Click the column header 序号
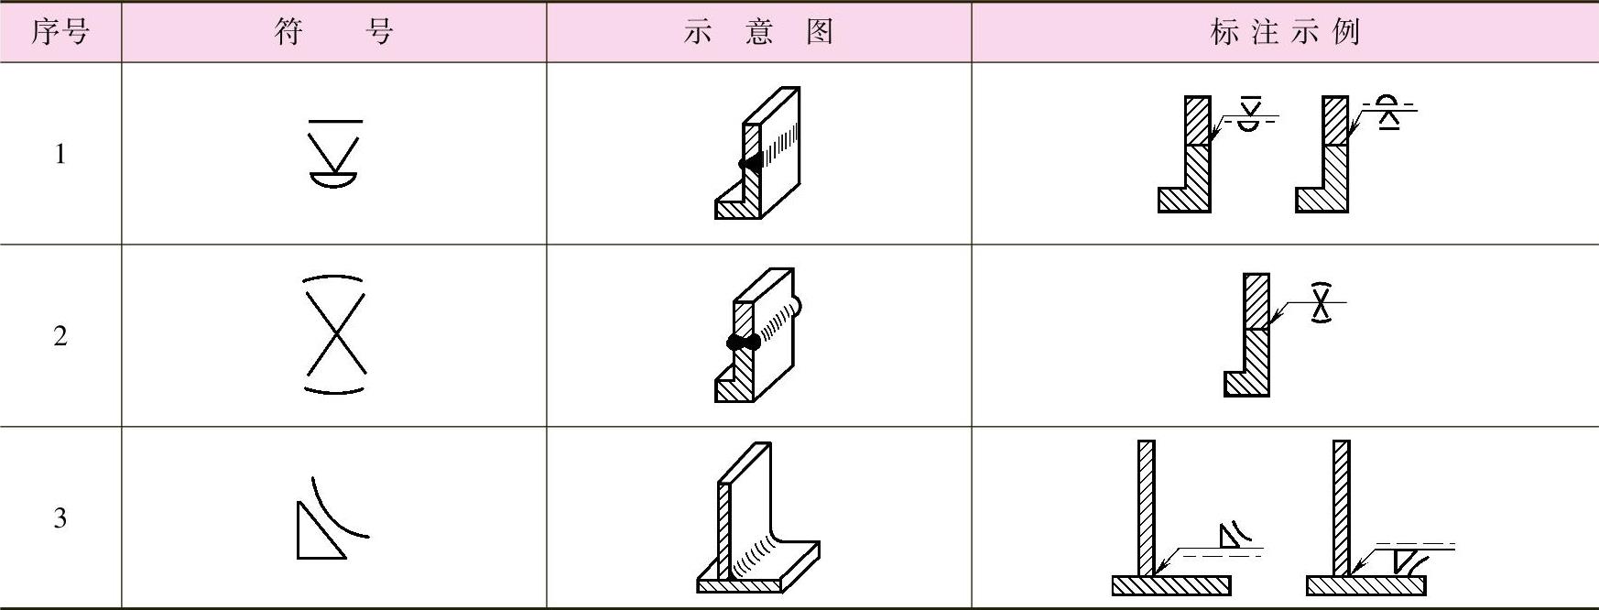[x=60, y=32]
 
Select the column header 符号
[x=333, y=32]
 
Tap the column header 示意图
[x=758, y=32]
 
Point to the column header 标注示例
[x=1284, y=32]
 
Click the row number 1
[x=60, y=154]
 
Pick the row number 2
[x=60, y=336]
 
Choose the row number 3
[x=60, y=518]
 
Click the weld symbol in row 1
[x=334, y=154]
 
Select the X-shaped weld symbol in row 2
[x=334, y=335]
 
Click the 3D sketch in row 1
[x=757, y=154]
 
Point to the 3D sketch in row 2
[x=757, y=335]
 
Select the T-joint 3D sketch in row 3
[x=757, y=518]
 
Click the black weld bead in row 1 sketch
[x=749, y=164]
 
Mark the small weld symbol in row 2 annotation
[x=1320, y=303]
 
